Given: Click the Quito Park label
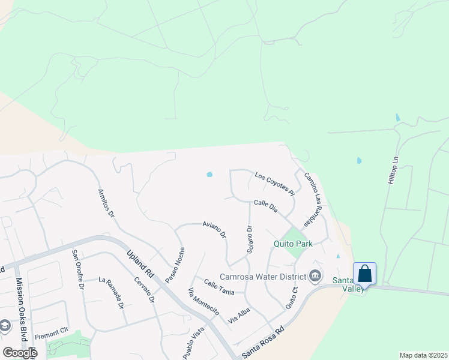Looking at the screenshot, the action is [x=293, y=244].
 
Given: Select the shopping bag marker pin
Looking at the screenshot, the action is [x=364, y=274].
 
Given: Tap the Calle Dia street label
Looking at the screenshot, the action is [x=265, y=206].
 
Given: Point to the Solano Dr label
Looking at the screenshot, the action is [x=250, y=239].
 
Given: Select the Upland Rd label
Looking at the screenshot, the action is [x=140, y=265].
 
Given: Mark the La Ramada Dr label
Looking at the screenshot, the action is [x=112, y=292].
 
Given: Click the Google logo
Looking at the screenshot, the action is [x=19, y=353].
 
